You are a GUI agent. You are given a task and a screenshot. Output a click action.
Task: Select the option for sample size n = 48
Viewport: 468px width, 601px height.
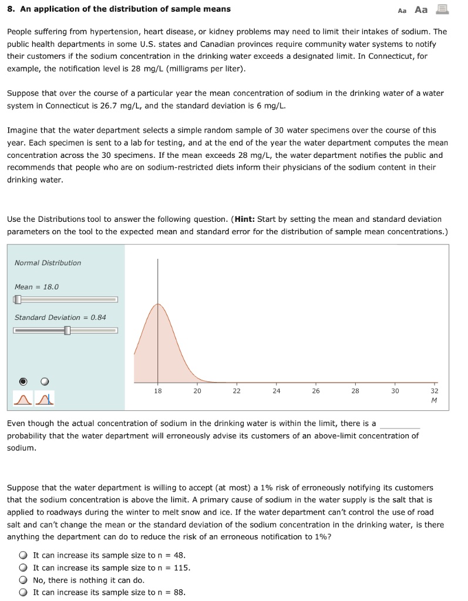(23, 555)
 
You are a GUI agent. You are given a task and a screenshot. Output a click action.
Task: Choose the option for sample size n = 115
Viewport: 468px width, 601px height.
(23, 568)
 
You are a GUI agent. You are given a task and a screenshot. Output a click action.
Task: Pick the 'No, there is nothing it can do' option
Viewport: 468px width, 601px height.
(23, 580)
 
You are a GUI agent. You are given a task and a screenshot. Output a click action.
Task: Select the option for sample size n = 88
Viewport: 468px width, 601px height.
(23, 592)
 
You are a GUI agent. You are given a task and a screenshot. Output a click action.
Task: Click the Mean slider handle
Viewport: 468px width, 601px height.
(18, 299)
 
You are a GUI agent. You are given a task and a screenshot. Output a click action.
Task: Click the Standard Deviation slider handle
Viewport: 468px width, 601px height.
(67, 330)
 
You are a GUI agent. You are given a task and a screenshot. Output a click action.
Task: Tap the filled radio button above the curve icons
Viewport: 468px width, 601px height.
(23, 381)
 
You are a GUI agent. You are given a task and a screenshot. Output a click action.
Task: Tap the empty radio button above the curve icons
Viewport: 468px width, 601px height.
(45, 381)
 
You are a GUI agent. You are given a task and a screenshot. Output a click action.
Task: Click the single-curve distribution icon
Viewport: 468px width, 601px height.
(22, 399)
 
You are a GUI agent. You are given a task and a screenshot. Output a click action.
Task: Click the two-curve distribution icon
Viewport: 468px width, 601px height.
(45, 399)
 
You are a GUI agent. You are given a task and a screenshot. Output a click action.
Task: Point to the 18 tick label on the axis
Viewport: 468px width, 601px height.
(157, 391)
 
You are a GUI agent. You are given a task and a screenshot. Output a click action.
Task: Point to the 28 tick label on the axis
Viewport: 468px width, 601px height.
(355, 391)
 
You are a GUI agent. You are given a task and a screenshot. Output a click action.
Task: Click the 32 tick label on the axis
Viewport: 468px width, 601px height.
(434, 391)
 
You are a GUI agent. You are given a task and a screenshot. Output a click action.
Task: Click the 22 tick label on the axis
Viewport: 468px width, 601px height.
(237, 391)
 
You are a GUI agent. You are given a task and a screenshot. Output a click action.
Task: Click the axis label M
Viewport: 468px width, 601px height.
(434, 401)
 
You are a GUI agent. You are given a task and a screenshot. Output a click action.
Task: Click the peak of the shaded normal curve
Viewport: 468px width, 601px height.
(157, 305)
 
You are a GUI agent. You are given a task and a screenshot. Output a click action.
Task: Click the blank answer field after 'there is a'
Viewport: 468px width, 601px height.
(400, 423)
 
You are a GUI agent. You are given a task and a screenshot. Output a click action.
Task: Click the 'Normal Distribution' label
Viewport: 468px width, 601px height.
(48, 263)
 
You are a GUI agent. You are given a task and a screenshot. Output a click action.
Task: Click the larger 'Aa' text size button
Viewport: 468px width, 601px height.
(421, 9)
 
